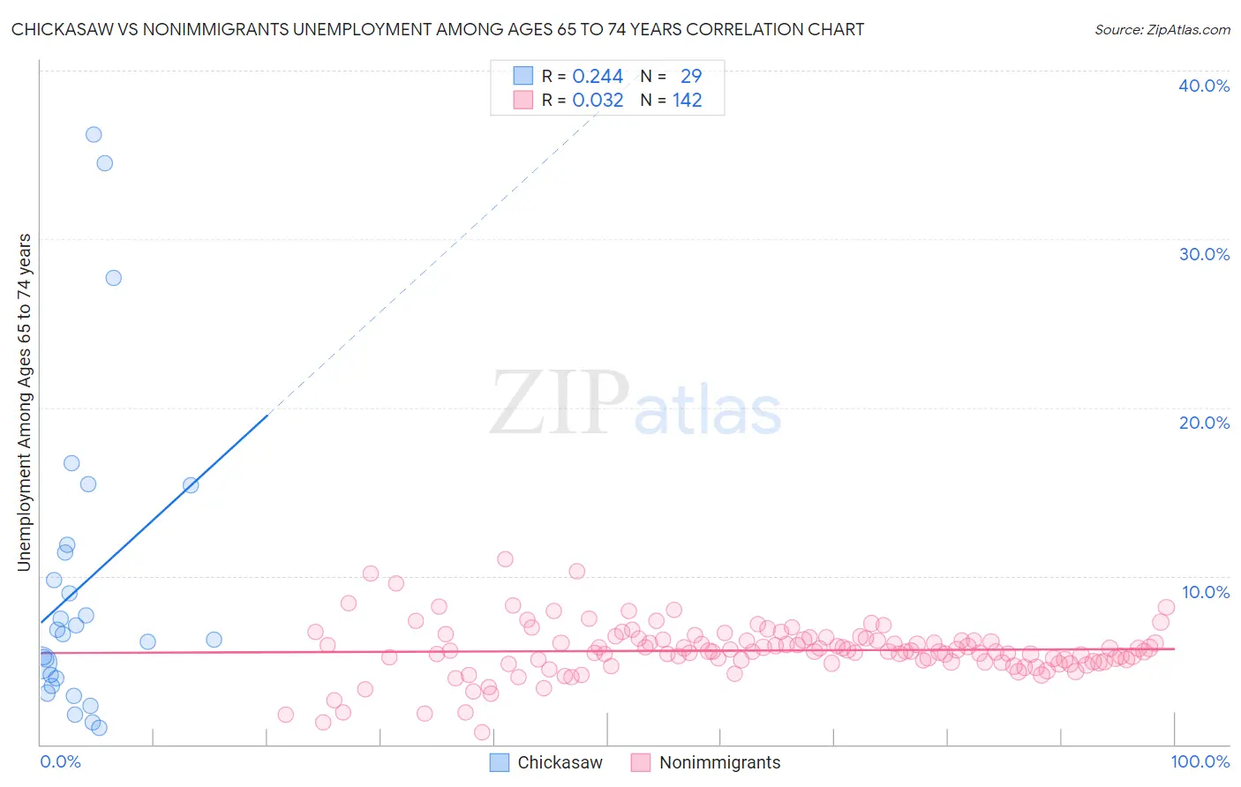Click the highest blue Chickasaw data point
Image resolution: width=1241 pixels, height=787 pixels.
coord(94,135)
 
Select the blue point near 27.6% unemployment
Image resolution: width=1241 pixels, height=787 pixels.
coord(113,278)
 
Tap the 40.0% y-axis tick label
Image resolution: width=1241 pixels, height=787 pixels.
coord(1204,86)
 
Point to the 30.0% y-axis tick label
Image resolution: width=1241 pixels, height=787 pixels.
coord(1204,254)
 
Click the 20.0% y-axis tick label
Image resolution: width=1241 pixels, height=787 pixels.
coord(1204,423)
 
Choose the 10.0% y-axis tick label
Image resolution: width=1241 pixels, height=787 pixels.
coord(1205,592)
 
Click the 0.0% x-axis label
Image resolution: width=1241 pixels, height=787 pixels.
coord(61,761)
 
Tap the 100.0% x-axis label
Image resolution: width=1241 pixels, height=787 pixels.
coord(1200,761)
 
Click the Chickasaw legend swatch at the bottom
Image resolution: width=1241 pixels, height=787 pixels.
coord(500,762)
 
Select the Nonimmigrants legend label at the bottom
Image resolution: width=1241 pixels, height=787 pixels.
coord(719,762)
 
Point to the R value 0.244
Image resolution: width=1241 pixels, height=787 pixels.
coord(598,77)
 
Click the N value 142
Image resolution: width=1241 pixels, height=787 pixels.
coord(687,101)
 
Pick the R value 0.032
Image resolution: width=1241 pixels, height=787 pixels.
coord(598,101)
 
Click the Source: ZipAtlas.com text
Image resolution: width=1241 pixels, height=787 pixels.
coord(1162,30)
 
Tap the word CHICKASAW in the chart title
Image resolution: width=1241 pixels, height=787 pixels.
coord(59,30)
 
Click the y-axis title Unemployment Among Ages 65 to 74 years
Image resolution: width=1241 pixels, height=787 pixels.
coord(25,402)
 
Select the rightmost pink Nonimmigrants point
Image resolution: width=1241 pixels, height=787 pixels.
coord(1166,607)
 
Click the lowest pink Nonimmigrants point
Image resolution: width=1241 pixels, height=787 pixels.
coord(482,732)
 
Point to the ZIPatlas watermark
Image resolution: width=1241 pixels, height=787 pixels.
coord(636,404)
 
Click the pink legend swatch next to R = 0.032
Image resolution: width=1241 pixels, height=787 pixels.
coord(523,101)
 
